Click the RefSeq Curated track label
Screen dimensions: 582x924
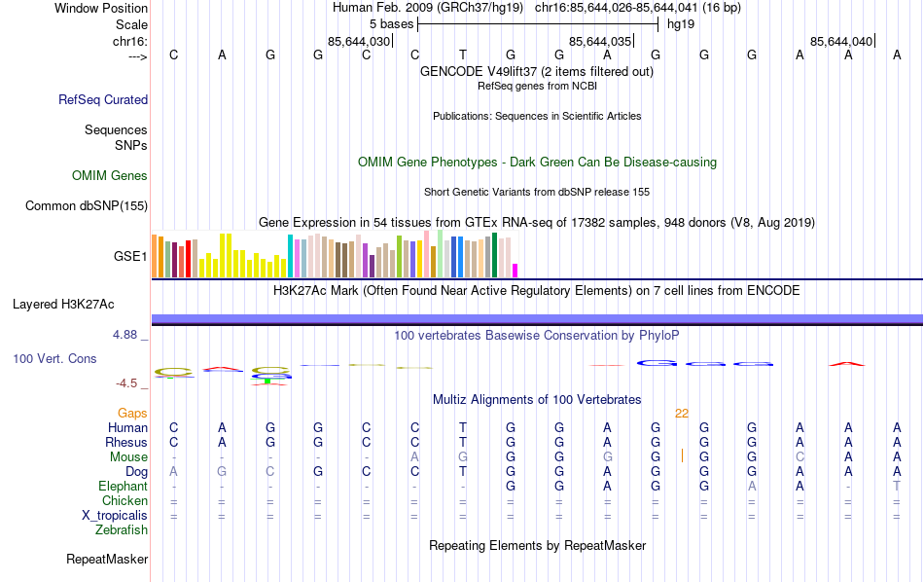coord(103,99)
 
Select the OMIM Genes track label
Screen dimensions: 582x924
coord(110,176)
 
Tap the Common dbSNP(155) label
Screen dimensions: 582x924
coord(87,205)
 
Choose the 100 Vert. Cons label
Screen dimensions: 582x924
coord(54,359)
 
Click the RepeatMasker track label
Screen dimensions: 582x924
coord(107,560)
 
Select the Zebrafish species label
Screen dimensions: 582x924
coord(122,530)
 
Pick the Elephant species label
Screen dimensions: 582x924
coord(124,486)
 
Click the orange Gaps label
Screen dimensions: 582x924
coord(133,413)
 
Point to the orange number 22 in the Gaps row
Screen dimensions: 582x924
coord(682,413)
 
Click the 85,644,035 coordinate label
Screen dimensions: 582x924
coord(600,42)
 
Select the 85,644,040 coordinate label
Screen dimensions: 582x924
coord(841,42)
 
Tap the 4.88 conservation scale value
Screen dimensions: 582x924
coord(125,335)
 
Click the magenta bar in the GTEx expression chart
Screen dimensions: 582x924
coord(515,270)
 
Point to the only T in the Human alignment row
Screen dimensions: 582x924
coord(463,427)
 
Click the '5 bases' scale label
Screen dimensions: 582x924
coord(392,23)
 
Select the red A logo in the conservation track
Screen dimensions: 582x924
coord(847,363)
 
